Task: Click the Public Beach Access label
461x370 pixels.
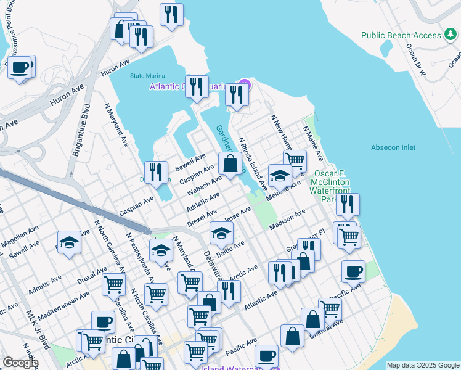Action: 401,35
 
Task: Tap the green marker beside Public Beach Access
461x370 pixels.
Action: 451,35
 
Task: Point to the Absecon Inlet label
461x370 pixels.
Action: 393,147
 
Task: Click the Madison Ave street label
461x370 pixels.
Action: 287,220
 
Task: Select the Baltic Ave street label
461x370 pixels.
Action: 230,249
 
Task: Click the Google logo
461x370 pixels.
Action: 20,362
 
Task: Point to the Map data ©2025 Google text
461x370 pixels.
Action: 423,365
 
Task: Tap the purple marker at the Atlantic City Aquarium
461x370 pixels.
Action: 245,85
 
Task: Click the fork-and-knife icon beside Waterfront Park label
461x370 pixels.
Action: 348,205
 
